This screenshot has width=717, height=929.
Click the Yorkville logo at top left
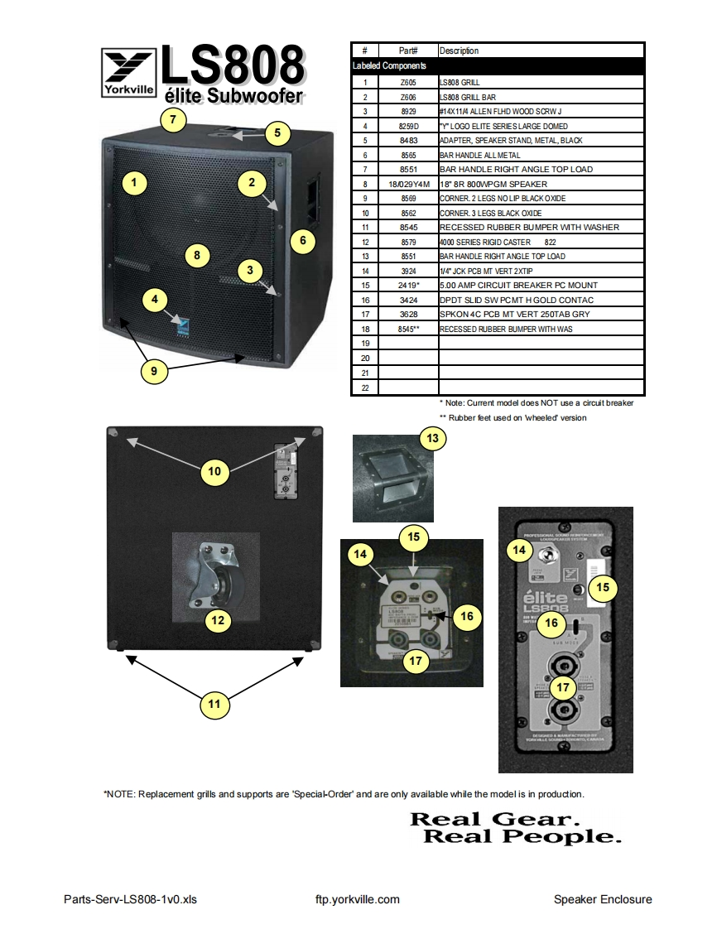128,73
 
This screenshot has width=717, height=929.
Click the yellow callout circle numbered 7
172,119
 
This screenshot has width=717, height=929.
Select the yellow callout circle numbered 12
218,619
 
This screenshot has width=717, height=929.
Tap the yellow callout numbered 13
431,438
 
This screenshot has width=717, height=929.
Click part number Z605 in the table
408,83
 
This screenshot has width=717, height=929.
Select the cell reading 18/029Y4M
408,184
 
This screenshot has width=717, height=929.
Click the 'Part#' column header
408,51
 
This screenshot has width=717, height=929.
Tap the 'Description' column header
459,51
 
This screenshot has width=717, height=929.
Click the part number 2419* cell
408,285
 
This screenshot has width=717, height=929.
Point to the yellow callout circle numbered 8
197,255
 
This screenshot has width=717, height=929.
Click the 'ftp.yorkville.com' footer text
358,899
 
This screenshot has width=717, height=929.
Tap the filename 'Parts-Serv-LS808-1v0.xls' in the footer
131,899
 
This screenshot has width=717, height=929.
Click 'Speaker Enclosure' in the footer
603,899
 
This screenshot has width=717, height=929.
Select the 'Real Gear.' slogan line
494,819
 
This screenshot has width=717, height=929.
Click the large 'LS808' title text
233,65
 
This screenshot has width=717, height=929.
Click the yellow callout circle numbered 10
214,471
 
